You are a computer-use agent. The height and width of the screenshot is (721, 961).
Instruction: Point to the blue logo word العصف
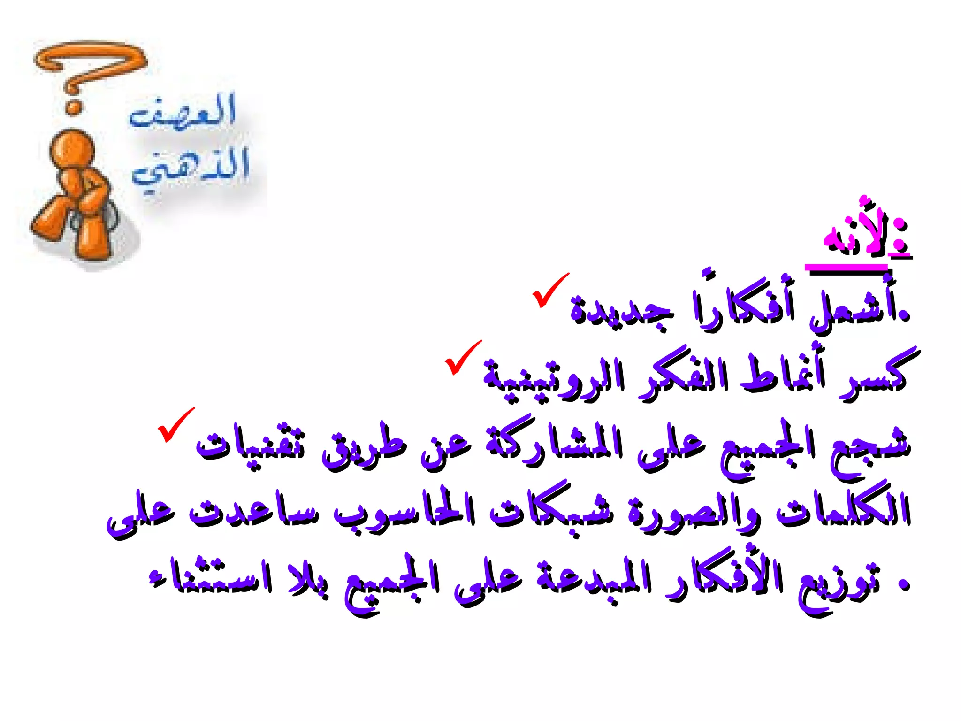pos(183,113)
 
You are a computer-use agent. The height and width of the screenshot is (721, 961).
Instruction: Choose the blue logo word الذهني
pos(190,169)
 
